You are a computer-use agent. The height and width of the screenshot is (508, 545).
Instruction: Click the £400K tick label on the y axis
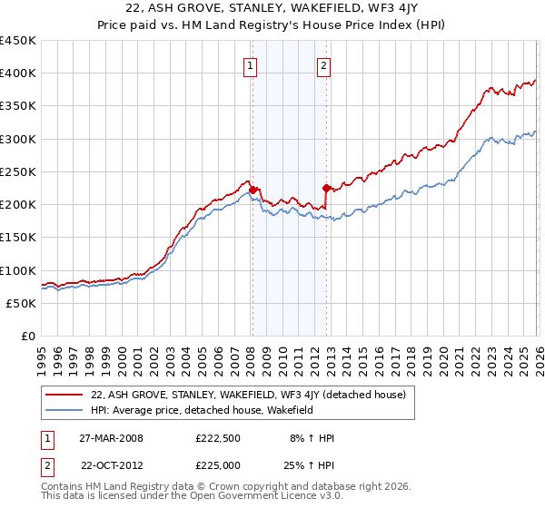click(x=18, y=73)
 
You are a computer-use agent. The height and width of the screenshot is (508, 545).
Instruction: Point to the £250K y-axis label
click(x=18, y=171)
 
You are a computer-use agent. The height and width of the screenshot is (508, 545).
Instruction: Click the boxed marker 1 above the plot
click(x=249, y=64)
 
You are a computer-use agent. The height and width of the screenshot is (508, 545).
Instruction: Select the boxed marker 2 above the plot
click(x=323, y=64)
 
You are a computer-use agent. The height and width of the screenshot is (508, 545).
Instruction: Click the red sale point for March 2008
click(x=253, y=190)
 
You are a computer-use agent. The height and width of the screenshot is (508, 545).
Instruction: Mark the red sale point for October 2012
click(x=326, y=189)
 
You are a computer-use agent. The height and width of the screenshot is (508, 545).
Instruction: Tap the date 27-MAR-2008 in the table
click(x=112, y=438)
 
